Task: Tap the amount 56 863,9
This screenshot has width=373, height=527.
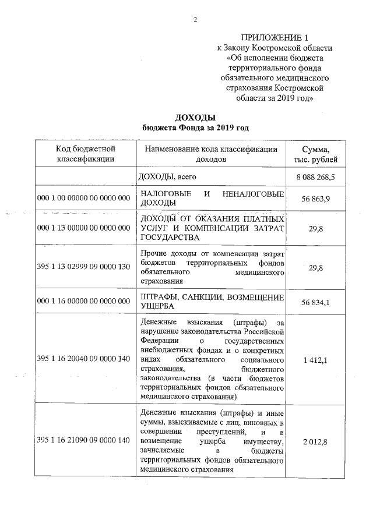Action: (x=316, y=199)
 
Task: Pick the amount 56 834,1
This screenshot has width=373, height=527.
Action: (x=316, y=302)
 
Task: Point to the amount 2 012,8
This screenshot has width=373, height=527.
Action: (x=316, y=441)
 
